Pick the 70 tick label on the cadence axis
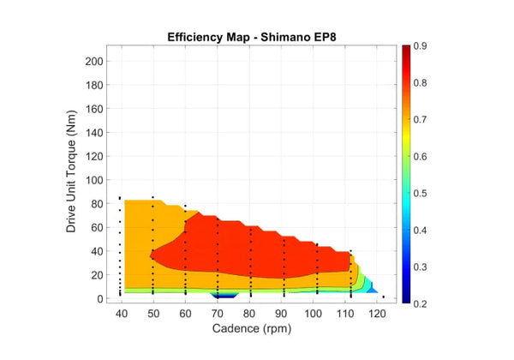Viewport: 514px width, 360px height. tap(218, 313)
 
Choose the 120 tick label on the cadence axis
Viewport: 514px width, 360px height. tap(377, 313)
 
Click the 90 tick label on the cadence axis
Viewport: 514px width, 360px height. tap(282, 313)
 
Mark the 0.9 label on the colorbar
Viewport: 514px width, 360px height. tap(421, 45)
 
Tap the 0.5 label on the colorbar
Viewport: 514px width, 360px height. tap(421, 194)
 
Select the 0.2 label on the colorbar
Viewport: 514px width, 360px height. tap(421, 304)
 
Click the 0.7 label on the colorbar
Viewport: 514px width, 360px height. tap(421, 119)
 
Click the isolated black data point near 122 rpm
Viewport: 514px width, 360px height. tap(384, 297)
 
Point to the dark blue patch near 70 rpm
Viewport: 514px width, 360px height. tap(221, 296)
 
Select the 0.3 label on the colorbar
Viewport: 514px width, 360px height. tap(421, 267)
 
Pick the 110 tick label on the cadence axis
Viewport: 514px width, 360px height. tap(345, 313)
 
